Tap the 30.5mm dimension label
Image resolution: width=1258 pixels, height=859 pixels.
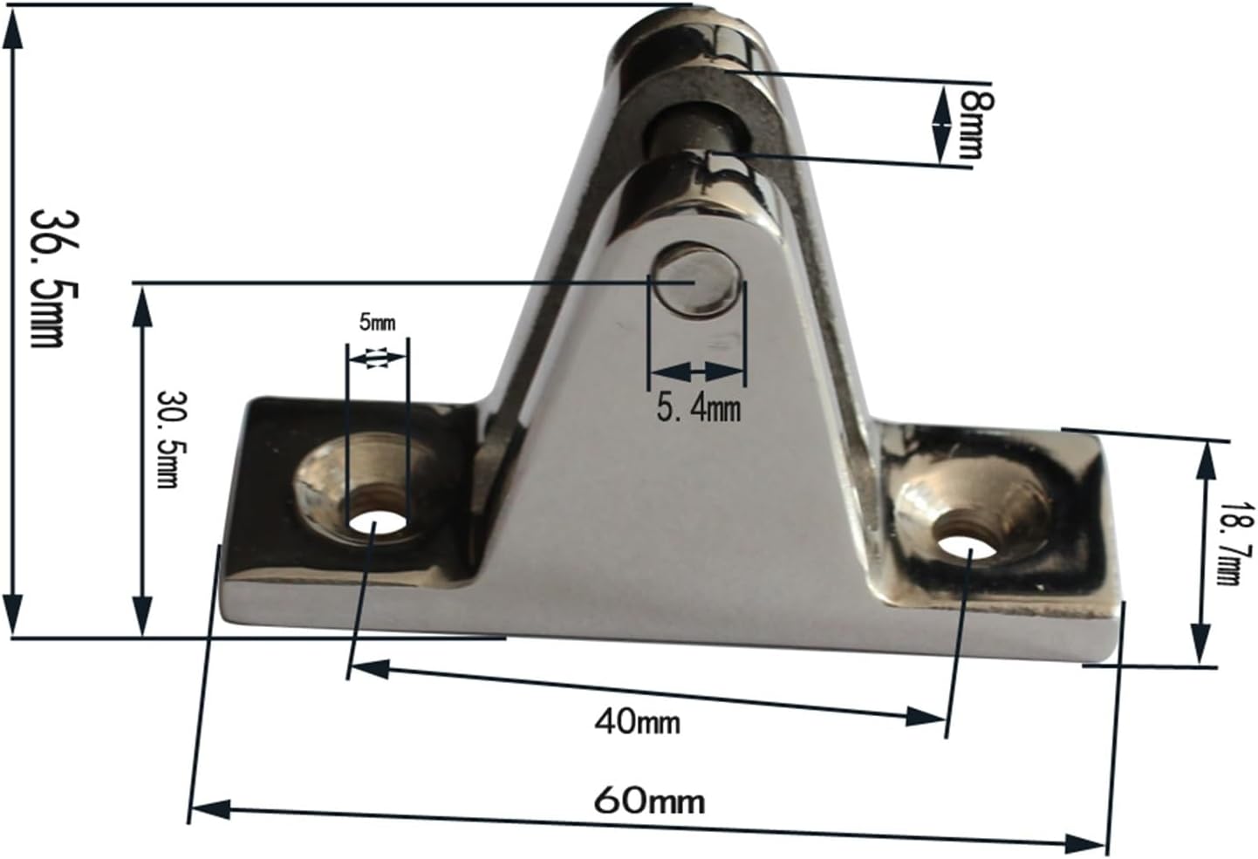point(168,439)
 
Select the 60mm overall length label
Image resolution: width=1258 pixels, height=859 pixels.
point(650,800)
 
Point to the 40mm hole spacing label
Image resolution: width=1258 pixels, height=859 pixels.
point(638,721)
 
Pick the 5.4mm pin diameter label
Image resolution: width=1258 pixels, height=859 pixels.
point(698,406)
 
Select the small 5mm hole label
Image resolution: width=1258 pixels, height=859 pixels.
point(377,323)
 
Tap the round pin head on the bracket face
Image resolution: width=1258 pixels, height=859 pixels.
point(698,281)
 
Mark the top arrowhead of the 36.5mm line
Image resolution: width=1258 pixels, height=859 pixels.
point(12,33)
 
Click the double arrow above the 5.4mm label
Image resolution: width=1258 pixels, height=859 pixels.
point(696,372)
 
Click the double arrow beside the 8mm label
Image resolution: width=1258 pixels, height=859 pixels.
point(940,124)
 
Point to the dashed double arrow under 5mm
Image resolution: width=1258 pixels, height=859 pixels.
point(377,358)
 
